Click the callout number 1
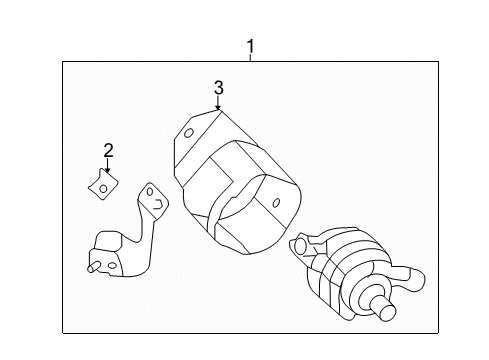coord(250,46)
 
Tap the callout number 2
coord(108,151)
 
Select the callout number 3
coord(218,88)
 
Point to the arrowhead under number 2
coord(107,170)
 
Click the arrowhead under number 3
coord(218,107)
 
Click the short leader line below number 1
coord(250,58)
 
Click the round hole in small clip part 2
coord(103,189)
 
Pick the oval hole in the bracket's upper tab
coord(150,192)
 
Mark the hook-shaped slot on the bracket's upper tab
coord(158,204)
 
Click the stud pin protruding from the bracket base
coord(93,267)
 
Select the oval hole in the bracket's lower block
coord(112,265)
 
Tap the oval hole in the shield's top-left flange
coord(189,133)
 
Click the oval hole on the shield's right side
coord(276,203)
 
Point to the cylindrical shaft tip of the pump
coord(386,308)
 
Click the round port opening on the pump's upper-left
coord(300,245)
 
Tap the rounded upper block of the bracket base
coord(107,241)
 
